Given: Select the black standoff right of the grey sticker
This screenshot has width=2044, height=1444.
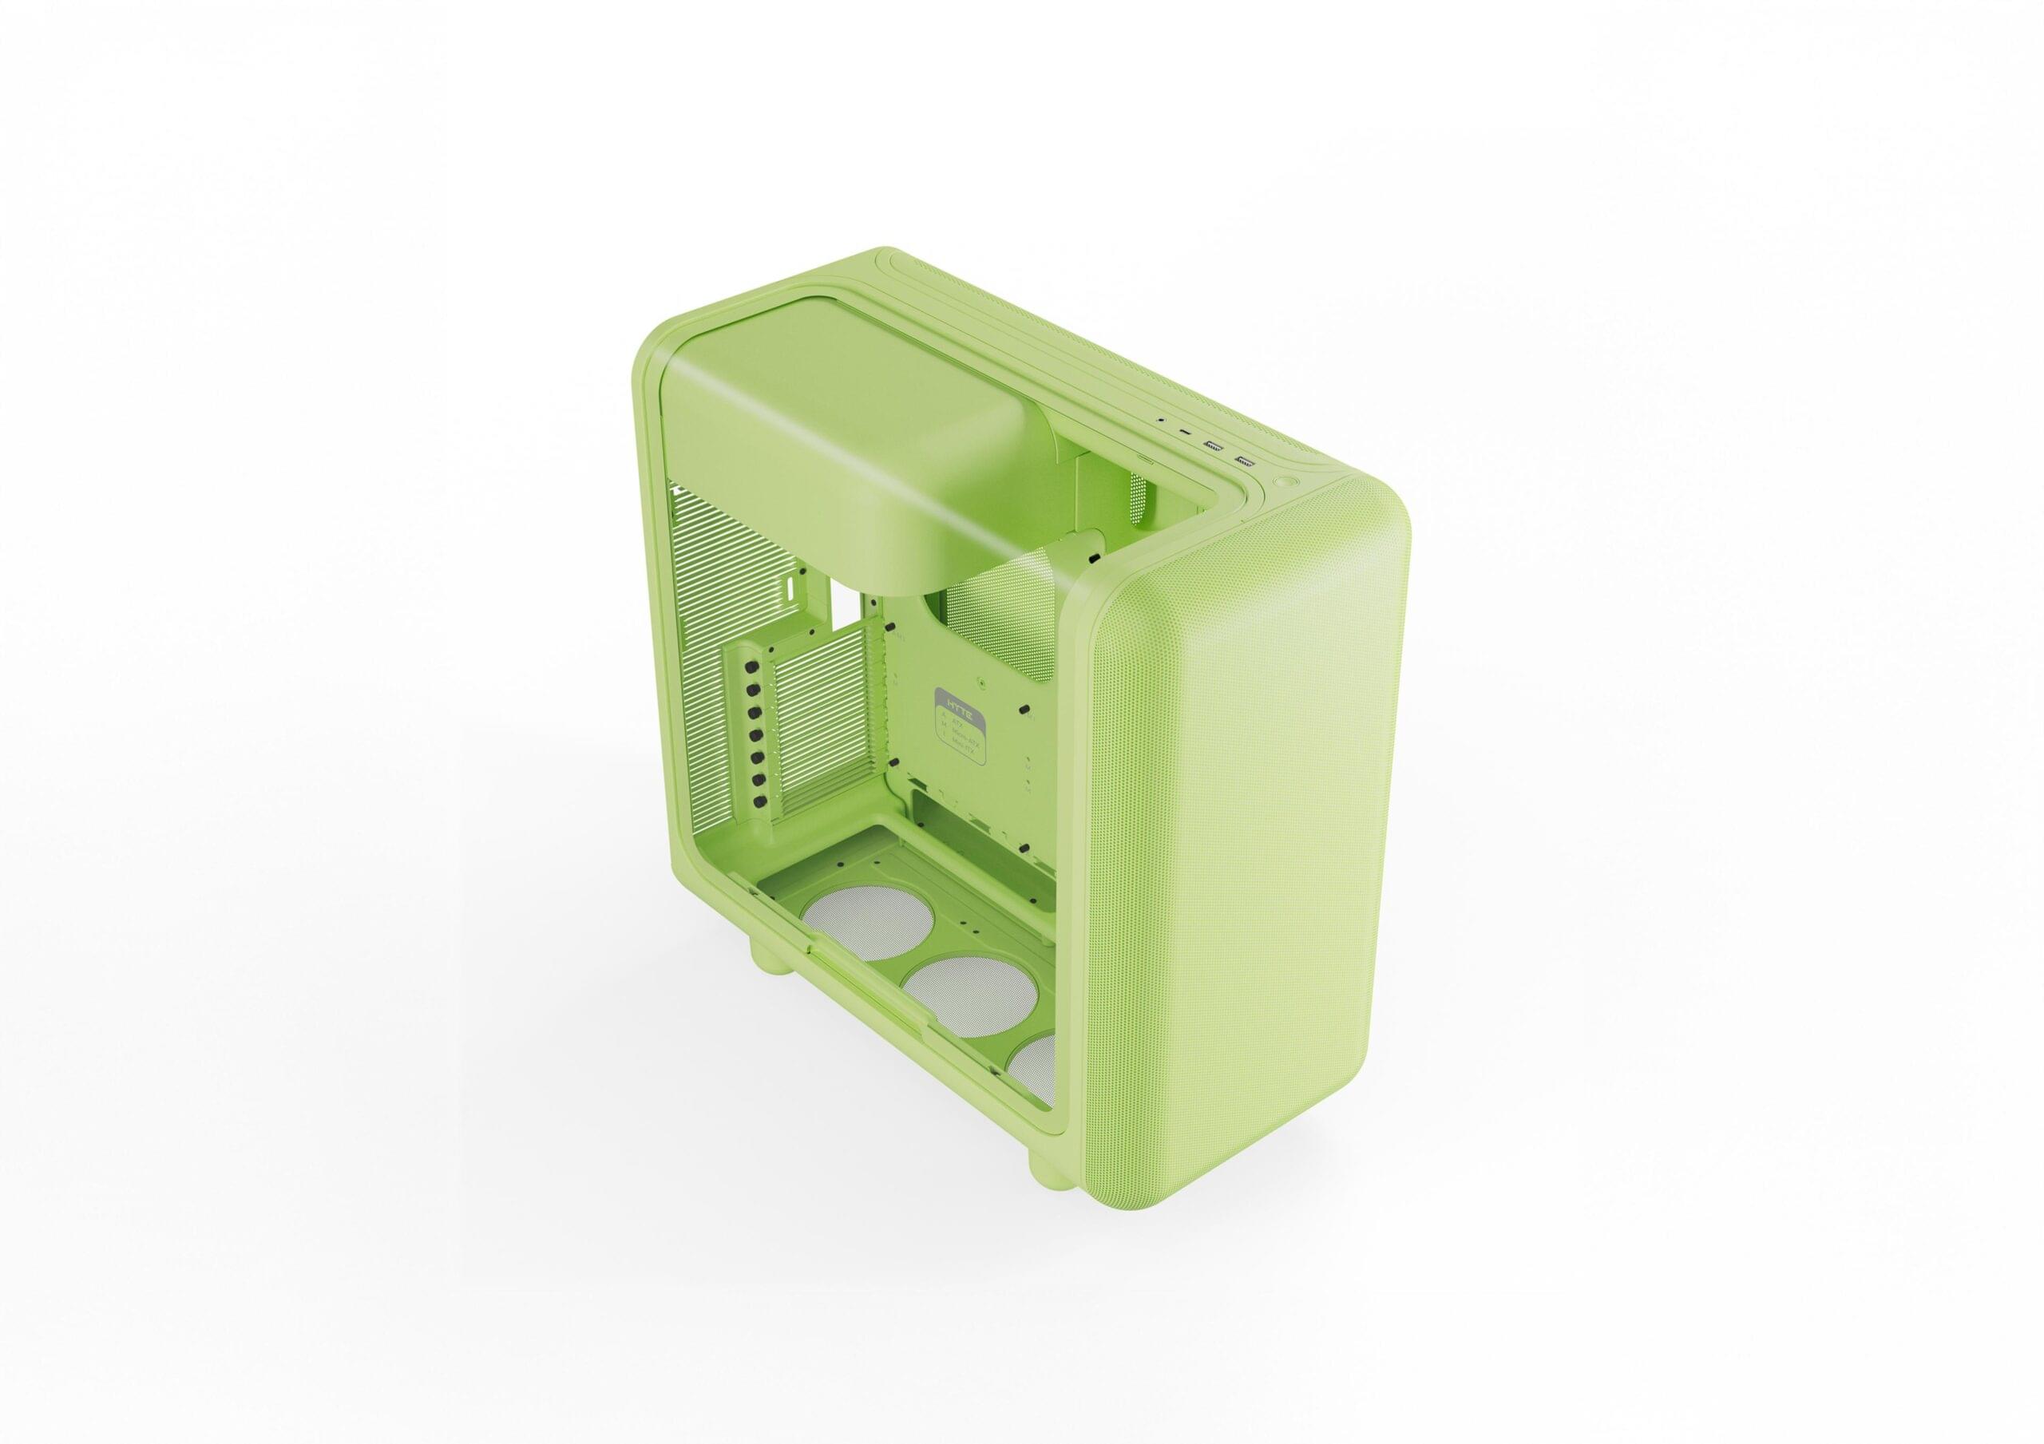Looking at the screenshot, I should click(1024, 710).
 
